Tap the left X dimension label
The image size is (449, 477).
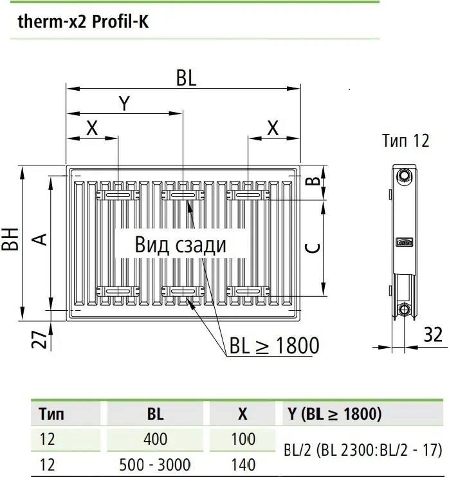coord(92,128)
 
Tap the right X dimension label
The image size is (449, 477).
coord(273,128)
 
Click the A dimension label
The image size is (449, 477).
coord(40,239)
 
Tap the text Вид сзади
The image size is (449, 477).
coord(181,245)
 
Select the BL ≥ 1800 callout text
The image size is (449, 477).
coord(274,346)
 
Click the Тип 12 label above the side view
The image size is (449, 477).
coord(405,140)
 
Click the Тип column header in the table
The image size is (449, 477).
coord(51,413)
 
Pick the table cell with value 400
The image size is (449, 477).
coord(154,439)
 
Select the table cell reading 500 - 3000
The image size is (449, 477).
coord(154,463)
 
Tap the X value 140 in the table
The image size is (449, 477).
coord(242,463)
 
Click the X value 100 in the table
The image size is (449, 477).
coord(242,439)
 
